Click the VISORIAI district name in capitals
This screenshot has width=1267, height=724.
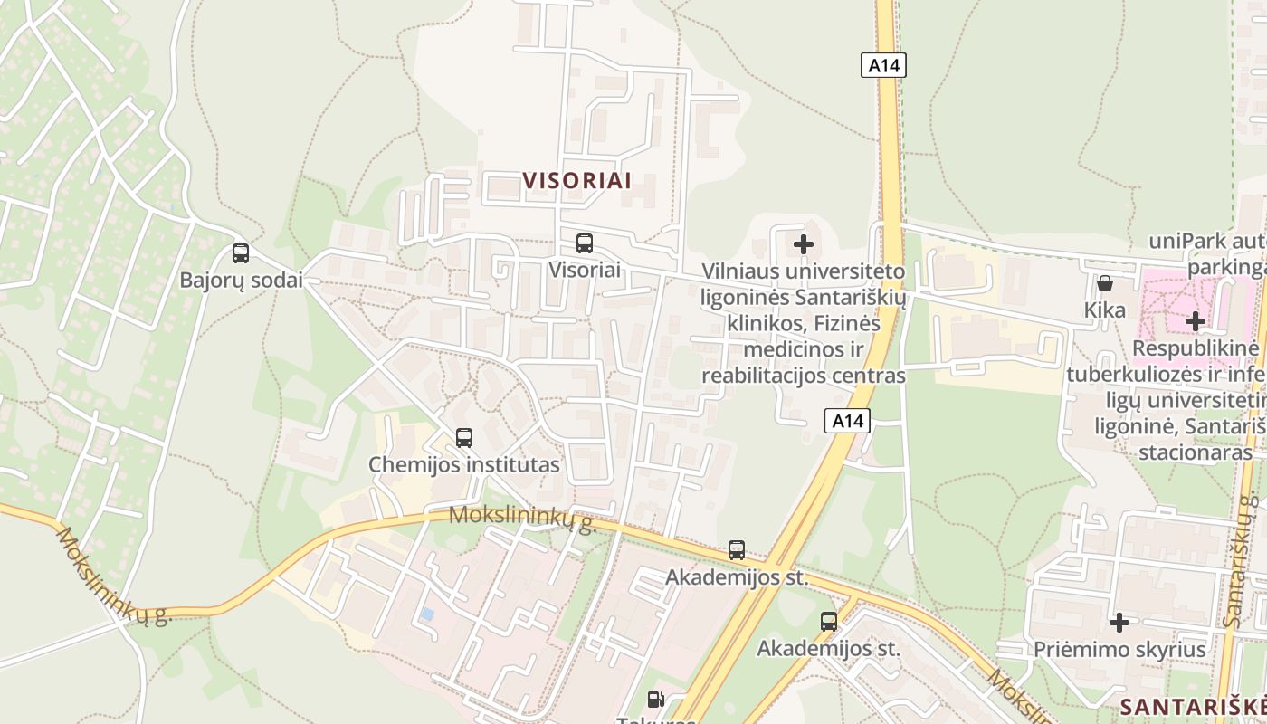[x=577, y=180]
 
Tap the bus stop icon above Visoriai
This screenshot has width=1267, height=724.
[x=585, y=243]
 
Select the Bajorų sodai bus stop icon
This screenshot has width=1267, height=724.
[x=241, y=253]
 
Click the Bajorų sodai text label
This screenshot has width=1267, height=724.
[x=241, y=280]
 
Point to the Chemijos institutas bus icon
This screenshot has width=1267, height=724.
[x=464, y=438]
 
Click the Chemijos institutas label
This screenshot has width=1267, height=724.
[x=463, y=465]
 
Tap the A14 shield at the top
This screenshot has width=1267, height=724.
[x=882, y=65]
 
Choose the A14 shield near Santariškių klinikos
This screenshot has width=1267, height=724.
[x=847, y=420]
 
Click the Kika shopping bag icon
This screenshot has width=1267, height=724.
[x=1104, y=283]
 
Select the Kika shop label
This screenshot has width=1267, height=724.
[x=1105, y=310]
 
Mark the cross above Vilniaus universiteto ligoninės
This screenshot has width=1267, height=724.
[x=803, y=243]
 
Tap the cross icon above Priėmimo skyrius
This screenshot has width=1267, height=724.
[x=1119, y=622]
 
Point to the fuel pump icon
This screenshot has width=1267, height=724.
[x=655, y=699]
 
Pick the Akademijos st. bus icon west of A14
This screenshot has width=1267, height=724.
[x=737, y=550]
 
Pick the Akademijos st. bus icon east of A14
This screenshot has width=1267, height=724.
[x=829, y=621]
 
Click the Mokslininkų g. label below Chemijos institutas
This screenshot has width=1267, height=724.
[x=522, y=519]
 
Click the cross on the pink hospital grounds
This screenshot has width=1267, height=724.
[x=1196, y=320]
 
